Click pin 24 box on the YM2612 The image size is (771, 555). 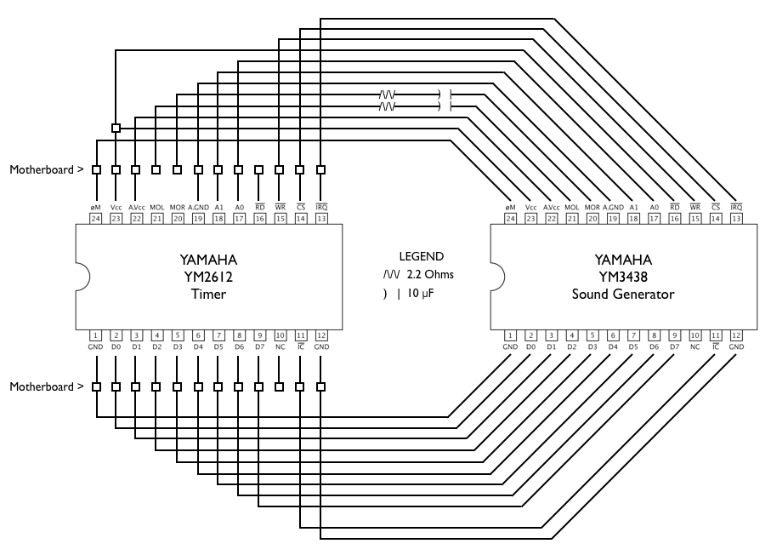coord(96,218)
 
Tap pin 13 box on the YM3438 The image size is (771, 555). coord(736,218)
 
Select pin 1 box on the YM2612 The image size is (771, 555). coord(96,335)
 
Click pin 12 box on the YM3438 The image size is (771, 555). coord(736,335)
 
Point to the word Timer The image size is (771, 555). coord(208,294)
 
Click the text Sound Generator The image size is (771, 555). coord(623,294)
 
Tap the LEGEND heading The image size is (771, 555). coord(421,256)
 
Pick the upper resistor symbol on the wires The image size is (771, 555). coord(388,94)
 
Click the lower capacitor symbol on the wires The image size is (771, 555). coord(443,106)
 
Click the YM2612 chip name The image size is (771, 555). coord(208,277)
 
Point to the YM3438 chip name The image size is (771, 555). coord(623,277)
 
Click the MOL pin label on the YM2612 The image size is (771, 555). coord(157,207)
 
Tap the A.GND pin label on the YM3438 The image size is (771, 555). coord(613,207)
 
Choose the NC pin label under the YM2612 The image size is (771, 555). coord(280,347)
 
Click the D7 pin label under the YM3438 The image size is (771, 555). coord(674,347)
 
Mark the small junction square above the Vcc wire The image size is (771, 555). coord(116,129)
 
